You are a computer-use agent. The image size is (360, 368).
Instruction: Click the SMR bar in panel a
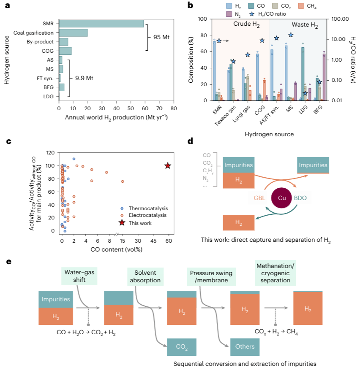pyautogui.click(x=101, y=24)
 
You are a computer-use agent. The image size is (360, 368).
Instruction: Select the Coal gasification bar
pyautogui.click(x=74, y=32)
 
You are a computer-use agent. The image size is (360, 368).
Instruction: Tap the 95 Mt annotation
pyautogui.click(x=161, y=37)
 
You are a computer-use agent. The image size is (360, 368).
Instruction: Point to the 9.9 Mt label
pyautogui.click(x=85, y=78)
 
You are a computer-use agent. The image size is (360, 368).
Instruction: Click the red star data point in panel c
pyautogui.click(x=168, y=166)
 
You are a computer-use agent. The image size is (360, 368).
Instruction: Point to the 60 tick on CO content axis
pyautogui.click(x=168, y=240)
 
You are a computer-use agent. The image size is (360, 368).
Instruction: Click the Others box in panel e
pyautogui.click(x=245, y=346)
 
